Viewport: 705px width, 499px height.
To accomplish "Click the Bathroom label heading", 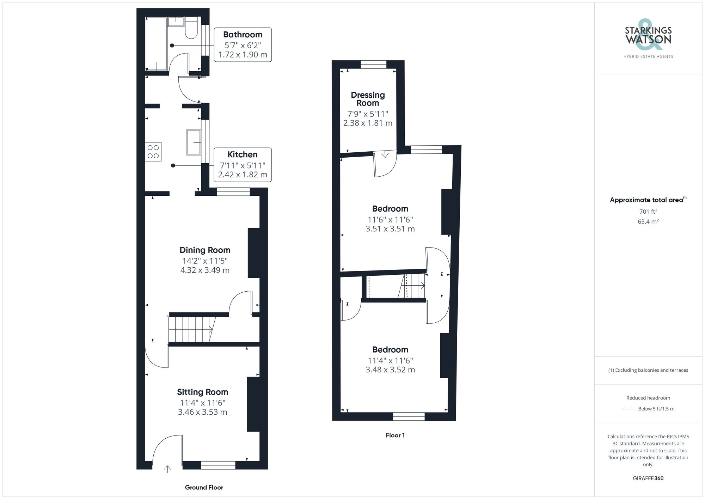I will click(243, 35).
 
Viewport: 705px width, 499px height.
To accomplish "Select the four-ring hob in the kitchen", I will click(153, 152).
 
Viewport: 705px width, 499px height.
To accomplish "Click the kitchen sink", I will click(194, 142).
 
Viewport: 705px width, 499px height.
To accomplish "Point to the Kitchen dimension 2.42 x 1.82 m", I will click(243, 175).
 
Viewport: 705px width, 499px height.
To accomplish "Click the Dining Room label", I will click(205, 250).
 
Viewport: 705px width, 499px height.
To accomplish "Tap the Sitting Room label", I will click(202, 392).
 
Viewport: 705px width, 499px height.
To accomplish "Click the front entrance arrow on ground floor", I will click(167, 469).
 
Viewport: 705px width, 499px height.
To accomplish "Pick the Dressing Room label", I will click(368, 99).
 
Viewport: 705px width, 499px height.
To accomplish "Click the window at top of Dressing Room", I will click(373, 65).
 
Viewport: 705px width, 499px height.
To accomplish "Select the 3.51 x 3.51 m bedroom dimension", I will click(390, 229).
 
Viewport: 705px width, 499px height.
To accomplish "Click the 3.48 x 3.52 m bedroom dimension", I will click(390, 370).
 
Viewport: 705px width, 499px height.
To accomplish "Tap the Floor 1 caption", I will click(395, 435).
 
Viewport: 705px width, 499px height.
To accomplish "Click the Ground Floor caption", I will click(204, 487).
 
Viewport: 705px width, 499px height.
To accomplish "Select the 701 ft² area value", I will click(648, 212).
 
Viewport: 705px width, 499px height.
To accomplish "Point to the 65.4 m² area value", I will click(648, 222).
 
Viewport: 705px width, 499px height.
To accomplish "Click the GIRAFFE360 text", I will click(648, 479).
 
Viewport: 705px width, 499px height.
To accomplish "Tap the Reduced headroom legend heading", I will click(648, 398).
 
